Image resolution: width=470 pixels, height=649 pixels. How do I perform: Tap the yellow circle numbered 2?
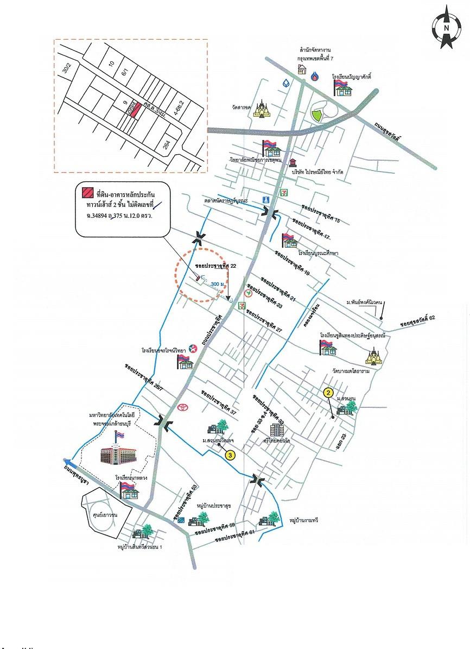(x=328, y=392)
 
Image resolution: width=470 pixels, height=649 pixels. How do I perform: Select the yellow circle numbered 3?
(x=230, y=455)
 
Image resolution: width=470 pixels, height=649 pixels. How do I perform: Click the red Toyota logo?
(x=182, y=407)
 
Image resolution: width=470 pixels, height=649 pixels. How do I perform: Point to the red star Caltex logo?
(x=193, y=348)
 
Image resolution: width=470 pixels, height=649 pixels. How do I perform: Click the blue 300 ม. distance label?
(x=219, y=284)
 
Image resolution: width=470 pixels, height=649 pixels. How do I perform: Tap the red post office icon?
(x=293, y=162)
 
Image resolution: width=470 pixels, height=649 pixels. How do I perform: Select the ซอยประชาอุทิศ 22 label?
(x=217, y=267)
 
